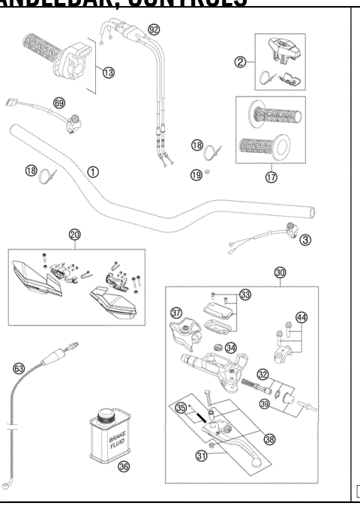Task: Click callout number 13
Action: (x=109, y=72)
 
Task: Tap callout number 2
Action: (x=240, y=62)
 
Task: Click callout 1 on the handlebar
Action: (x=92, y=171)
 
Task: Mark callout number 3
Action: (x=304, y=240)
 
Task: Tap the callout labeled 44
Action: (x=301, y=317)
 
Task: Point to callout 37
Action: (x=177, y=312)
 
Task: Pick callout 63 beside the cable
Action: (x=19, y=368)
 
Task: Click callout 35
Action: (x=180, y=409)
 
